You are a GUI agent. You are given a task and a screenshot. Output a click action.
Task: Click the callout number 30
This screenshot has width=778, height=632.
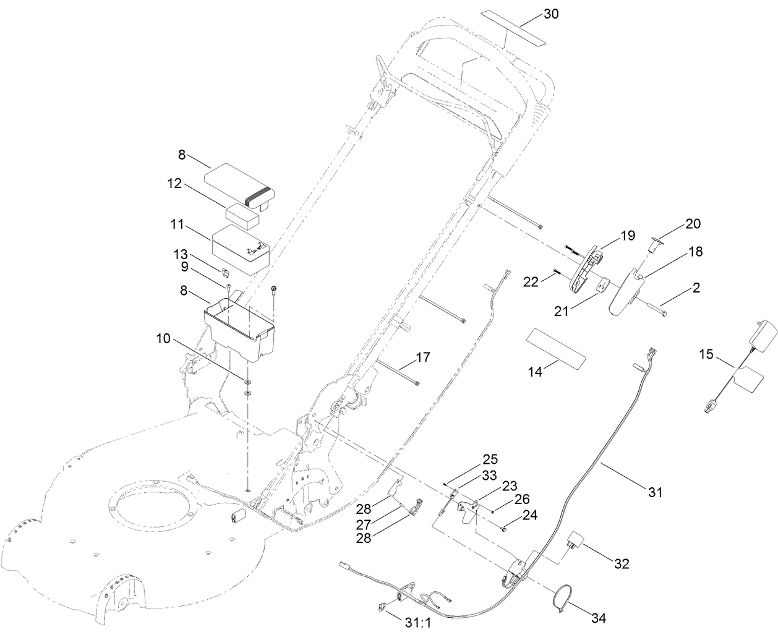coord(550,14)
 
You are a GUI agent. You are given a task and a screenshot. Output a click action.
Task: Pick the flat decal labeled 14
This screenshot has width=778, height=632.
coord(555,349)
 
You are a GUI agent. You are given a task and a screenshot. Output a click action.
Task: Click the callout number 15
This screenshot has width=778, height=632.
coord(706,355)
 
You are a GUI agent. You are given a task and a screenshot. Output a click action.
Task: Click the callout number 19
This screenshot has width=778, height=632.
coord(628,236)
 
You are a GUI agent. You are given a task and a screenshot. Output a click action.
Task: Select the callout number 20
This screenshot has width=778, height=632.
coord(692,223)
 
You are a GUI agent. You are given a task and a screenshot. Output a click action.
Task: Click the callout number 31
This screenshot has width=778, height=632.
coord(655,492)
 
